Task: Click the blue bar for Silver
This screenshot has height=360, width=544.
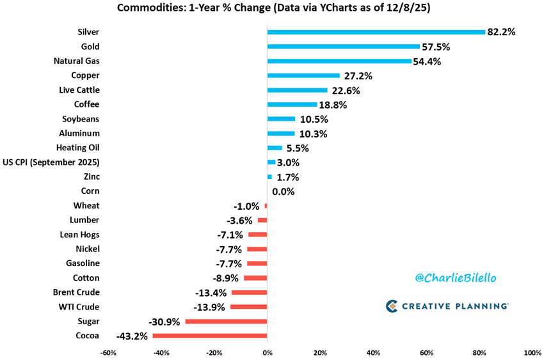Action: tap(376, 32)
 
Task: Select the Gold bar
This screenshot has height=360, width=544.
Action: tap(343, 47)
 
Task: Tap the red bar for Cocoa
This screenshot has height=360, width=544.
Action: tap(209, 336)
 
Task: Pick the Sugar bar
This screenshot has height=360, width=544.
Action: tap(226, 321)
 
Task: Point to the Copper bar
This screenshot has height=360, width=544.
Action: tap(303, 75)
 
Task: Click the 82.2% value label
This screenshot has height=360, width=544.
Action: tap(501, 32)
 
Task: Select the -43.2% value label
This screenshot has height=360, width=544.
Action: tap(132, 336)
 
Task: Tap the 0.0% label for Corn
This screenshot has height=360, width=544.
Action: tap(285, 191)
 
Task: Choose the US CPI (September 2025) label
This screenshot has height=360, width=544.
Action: tap(51, 162)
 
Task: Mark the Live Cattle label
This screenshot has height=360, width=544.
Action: tap(79, 90)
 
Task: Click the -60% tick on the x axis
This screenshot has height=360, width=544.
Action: tap(108, 352)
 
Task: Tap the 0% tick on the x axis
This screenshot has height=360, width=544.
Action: tap(267, 352)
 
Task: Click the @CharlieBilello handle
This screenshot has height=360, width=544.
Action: tap(455, 279)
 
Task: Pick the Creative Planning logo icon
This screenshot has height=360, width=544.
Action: tap(392, 306)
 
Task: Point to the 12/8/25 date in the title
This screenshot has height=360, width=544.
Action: tap(408, 9)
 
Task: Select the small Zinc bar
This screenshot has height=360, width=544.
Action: tap(269, 176)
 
